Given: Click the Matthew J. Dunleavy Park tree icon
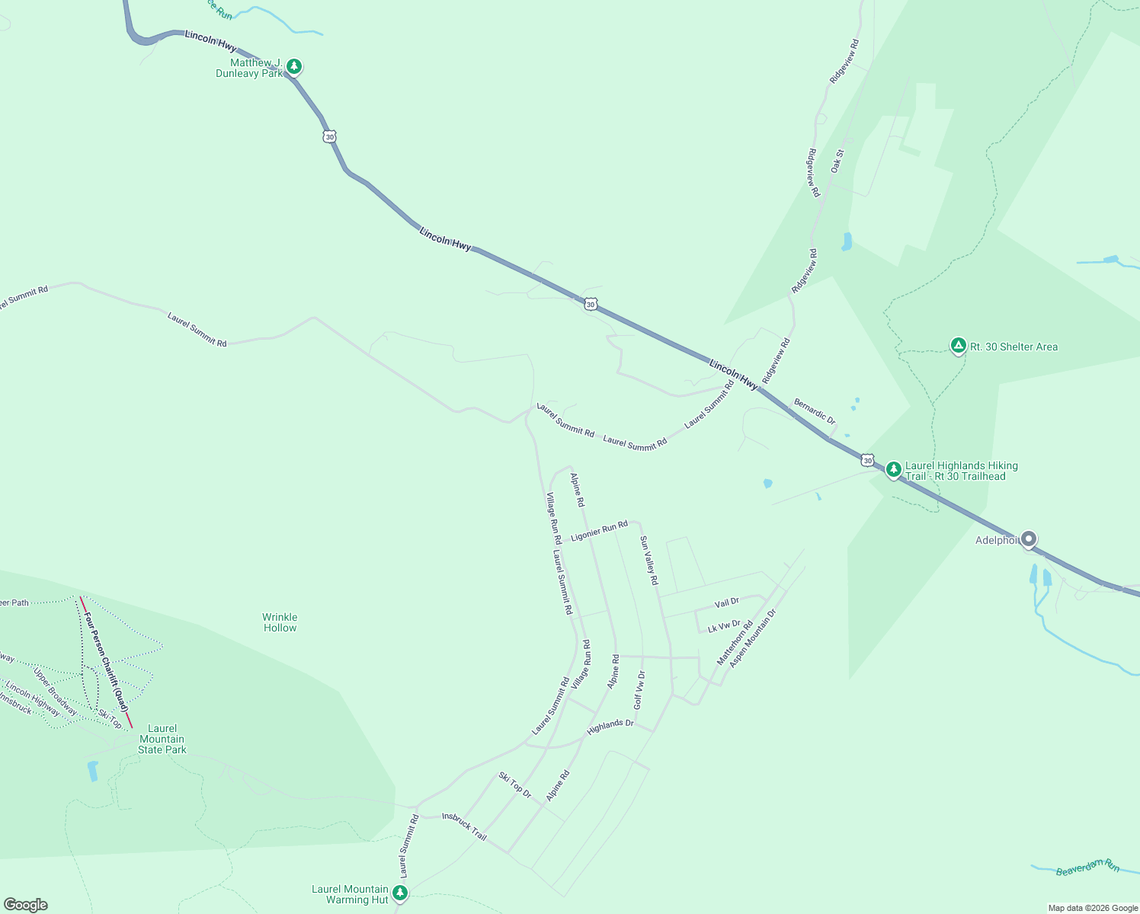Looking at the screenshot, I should [293, 66].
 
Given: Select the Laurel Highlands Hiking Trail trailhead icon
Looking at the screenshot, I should [893, 469].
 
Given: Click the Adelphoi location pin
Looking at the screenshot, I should [1028, 539].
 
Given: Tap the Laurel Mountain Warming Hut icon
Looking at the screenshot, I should [399, 892].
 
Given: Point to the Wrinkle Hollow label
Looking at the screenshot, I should [280, 622].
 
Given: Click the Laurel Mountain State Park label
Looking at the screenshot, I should [162, 739].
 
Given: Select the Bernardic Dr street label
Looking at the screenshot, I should [815, 411].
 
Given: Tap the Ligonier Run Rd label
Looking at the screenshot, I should [599, 531].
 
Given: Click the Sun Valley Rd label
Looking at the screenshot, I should [648, 560].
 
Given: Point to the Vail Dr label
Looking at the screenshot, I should [727, 603].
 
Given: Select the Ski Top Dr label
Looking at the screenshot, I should [515, 785].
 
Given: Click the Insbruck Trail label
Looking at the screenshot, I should [464, 827].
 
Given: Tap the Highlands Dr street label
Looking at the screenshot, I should [610, 727].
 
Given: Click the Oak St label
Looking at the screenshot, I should [837, 161].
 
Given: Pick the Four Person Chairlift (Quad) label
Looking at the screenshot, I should [107, 661].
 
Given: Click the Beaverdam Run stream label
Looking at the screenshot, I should [1087, 867].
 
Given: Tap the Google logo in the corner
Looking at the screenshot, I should [26, 905].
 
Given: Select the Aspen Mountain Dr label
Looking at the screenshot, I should [752, 638].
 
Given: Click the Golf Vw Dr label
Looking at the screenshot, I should [639, 689].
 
